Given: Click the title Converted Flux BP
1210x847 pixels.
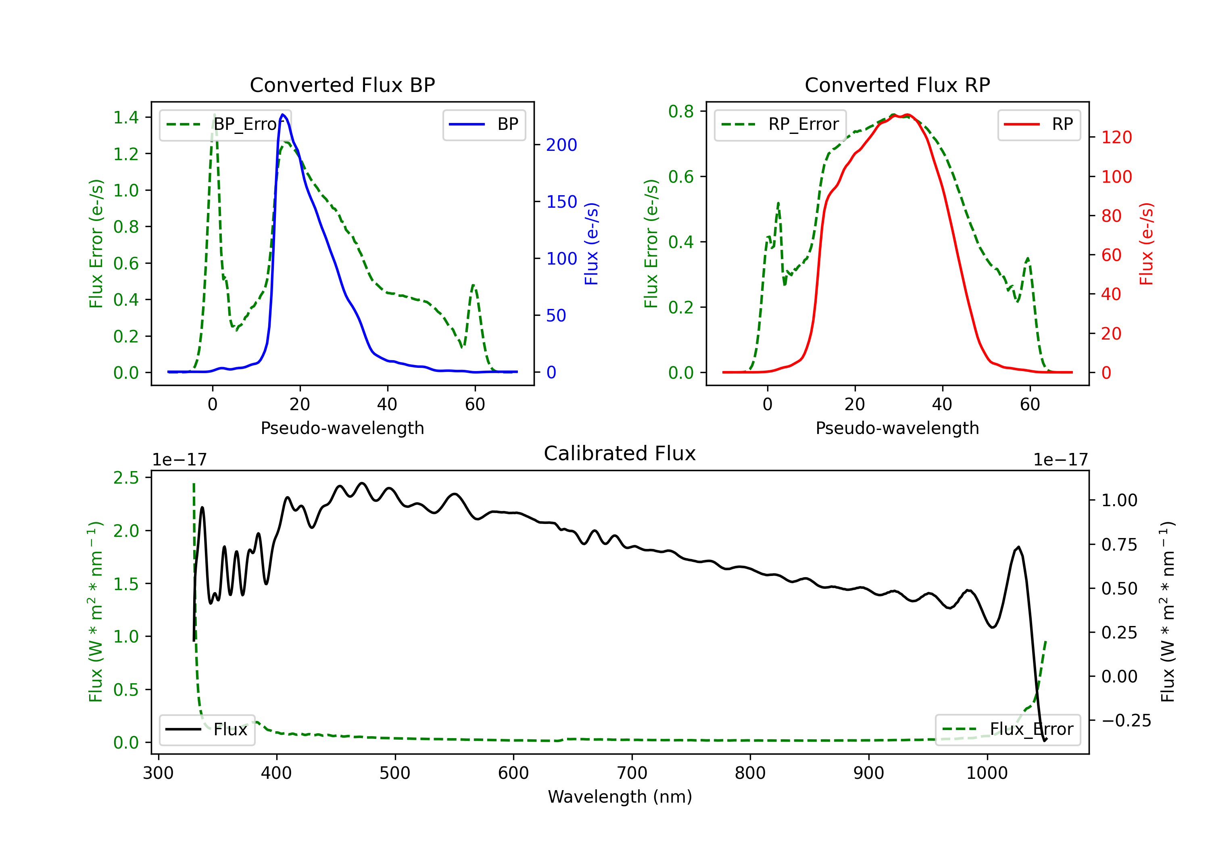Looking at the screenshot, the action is pos(342,85).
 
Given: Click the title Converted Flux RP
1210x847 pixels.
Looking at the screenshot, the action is pos(897,85).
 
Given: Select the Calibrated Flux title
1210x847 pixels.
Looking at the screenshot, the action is pos(620,453).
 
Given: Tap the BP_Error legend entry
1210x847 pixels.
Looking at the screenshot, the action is pos(225,124).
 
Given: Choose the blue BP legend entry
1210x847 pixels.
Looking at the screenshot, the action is pos(484,124).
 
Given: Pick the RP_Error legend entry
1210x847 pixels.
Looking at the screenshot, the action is pos(780,124).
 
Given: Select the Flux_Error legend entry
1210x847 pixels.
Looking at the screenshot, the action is pos(1008,730).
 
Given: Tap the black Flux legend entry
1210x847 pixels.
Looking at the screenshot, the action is pos(207,730).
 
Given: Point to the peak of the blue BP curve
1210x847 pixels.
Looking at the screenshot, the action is pos(283,115).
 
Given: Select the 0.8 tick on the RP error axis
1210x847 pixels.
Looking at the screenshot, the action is pos(681,111).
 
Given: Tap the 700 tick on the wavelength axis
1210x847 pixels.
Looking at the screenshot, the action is pos(632,773).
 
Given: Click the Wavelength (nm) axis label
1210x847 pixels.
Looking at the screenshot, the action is pos(620,797).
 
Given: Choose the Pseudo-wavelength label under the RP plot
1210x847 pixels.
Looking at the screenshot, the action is pos(897,428).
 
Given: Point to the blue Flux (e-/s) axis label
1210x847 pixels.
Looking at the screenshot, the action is pos(591,244).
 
